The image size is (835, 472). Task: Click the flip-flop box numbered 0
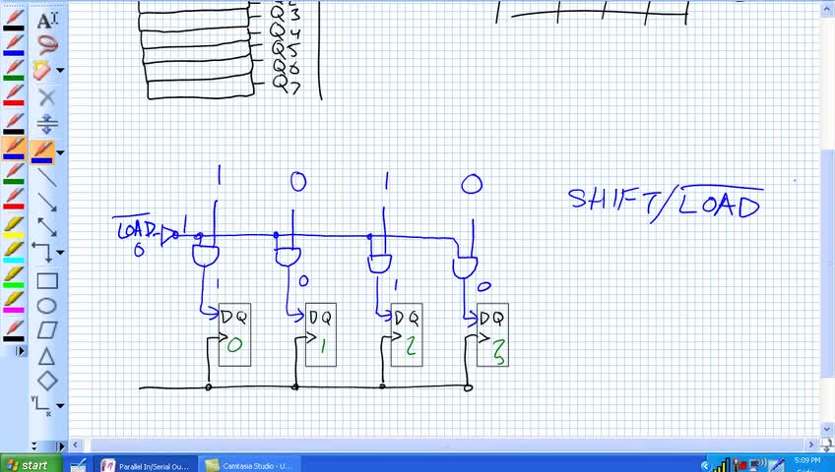(234, 334)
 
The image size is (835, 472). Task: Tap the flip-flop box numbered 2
(407, 334)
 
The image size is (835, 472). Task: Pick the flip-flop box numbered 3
(492, 335)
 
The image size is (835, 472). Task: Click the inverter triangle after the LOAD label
(170, 234)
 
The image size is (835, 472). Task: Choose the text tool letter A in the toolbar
(45, 21)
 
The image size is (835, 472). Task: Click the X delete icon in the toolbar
(46, 97)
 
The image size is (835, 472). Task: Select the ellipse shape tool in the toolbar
(46, 306)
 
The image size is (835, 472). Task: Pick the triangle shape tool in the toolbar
(46, 356)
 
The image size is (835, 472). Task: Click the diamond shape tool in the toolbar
(46, 381)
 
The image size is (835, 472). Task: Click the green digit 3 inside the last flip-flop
(499, 353)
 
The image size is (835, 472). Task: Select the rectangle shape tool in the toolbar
(46, 281)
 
